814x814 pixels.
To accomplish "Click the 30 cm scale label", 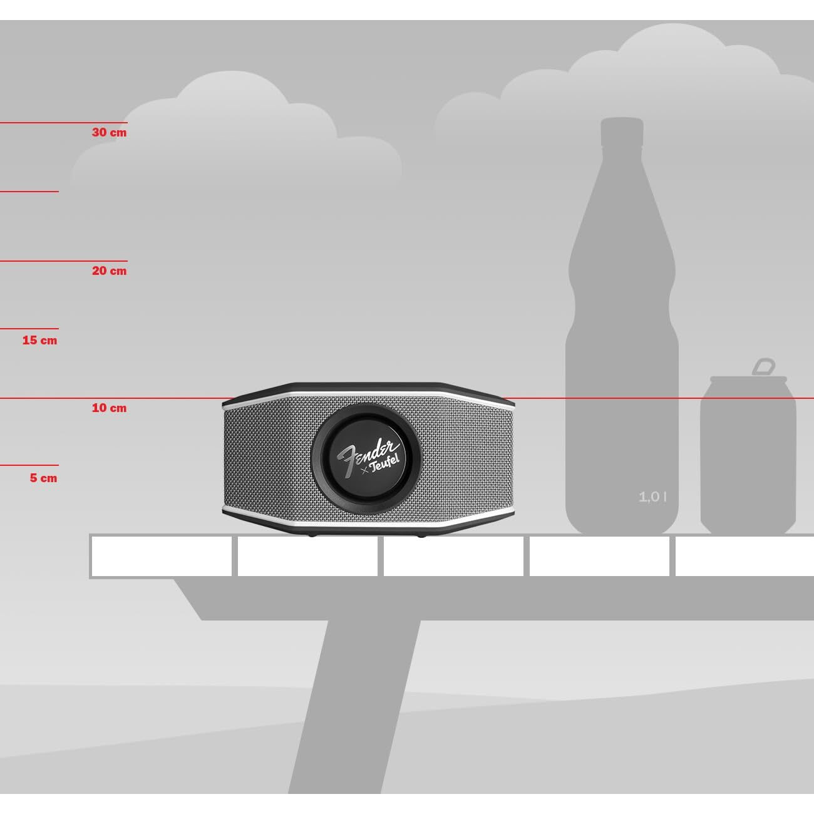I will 109,133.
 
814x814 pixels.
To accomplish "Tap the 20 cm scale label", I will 109,271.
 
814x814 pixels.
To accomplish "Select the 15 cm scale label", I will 39,341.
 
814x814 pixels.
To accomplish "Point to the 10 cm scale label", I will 109,408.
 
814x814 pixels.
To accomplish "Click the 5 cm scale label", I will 43,478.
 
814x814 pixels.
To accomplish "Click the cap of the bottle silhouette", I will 622,131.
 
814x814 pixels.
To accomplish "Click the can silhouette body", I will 748,457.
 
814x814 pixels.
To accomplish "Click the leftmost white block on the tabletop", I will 162,556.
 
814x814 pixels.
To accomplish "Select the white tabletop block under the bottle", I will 599,556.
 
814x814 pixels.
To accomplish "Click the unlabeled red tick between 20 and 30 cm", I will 29,192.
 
